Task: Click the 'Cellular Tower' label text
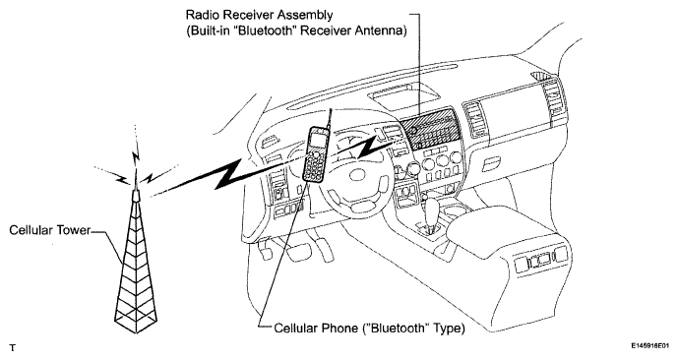50,230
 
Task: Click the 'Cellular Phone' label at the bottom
316,329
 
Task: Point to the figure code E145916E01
649,346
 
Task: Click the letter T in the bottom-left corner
13,347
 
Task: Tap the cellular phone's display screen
317,140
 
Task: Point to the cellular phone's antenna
329,119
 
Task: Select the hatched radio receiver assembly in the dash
429,128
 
